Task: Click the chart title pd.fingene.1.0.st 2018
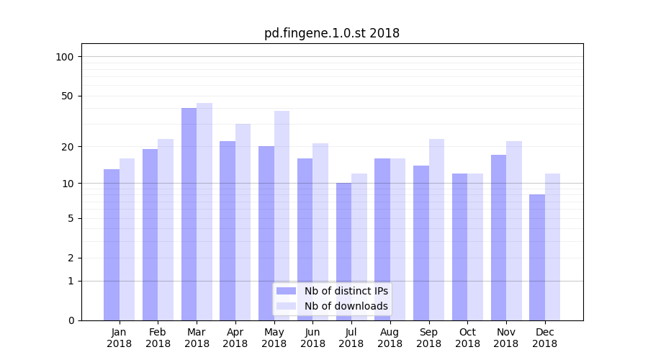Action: pyautogui.click(x=331, y=33)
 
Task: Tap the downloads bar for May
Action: pyautogui.click(x=282, y=215)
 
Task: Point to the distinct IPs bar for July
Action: pyautogui.click(x=343, y=251)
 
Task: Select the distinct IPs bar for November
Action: pyautogui.click(x=498, y=238)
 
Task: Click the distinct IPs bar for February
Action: pyautogui.click(x=150, y=235)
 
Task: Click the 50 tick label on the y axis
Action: pyautogui.click(x=68, y=96)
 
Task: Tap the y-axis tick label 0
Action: pyautogui.click(x=71, y=320)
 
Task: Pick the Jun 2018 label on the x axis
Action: pyautogui.click(x=312, y=338)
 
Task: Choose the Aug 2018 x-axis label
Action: pyautogui.click(x=390, y=338)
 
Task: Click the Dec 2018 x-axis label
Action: pyautogui.click(x=545, y=338)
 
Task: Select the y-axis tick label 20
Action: pyautogui.click(x=68, y=147)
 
